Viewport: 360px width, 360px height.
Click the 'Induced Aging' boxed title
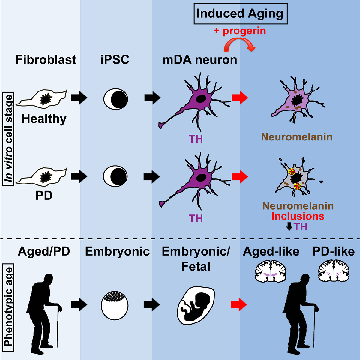[x=240, y=14]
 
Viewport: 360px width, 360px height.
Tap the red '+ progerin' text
[x=240, y=31]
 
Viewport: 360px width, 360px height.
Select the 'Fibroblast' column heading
[x=46, y=60]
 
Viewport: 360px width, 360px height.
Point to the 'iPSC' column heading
[x=115, y=60]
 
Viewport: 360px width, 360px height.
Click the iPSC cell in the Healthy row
[x=115, y=99]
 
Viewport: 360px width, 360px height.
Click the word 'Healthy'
[x=44, y=119]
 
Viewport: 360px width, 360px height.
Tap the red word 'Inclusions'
[x=298, y=216]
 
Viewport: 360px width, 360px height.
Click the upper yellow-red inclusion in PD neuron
[x=291, y=172]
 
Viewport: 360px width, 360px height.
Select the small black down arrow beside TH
[x=289, y=227]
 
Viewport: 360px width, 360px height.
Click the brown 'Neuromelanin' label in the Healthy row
[x=297, y=137]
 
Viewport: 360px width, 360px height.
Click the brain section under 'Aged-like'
[x=271, y=271]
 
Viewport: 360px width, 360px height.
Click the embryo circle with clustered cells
[x=115, y=305]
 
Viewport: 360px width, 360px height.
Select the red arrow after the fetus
[x=239, y=305]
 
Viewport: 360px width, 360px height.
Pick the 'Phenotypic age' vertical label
[x=9, y=307]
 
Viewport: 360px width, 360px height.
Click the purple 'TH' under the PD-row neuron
[x=196, y=219]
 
